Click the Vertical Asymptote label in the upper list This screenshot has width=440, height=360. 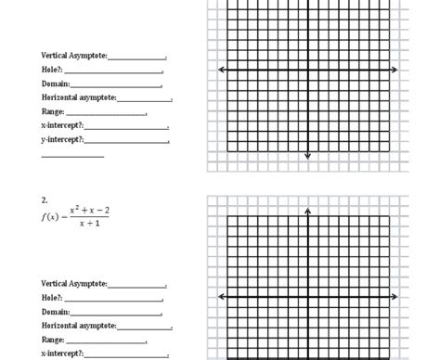(74, 57)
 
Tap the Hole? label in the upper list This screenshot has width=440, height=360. (51, 71)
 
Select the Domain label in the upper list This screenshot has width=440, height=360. (56, 84)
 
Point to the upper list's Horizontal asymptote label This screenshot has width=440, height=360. (79, 98)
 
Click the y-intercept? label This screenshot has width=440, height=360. (63, 139)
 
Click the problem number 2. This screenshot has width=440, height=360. (44, 199)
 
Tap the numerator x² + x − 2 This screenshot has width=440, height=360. (89, 211)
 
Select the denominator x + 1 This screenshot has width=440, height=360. (89, 224)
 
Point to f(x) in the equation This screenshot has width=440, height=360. (50, 217)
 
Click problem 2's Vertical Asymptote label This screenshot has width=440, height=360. (74, 284)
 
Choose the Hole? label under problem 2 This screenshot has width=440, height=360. (51, 298)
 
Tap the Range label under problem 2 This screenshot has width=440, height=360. (53, 340)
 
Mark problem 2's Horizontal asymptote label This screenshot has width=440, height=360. (79, 326)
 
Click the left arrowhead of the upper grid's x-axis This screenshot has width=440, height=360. (221, 70)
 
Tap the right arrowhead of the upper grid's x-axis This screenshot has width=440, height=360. (395, 70)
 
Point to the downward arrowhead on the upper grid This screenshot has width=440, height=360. (307, 156)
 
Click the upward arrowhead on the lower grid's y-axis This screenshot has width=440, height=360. (307, 212)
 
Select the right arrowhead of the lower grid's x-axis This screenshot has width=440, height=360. (395, 297)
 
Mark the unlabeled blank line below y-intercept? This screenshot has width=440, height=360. (72, 156)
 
